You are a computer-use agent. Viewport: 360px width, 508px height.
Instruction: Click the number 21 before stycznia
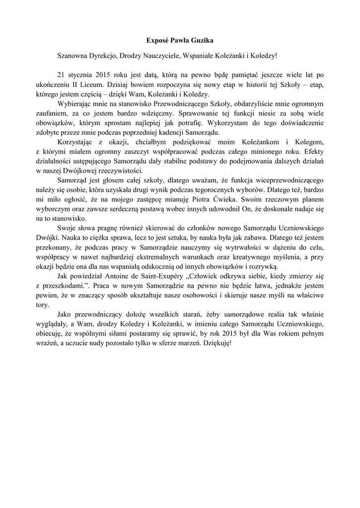(x=62, y=75)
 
